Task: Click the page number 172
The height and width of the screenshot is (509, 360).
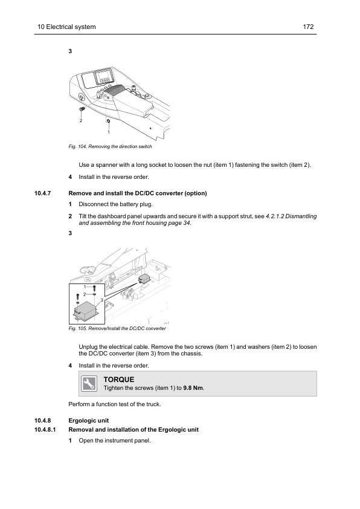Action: (308, 27)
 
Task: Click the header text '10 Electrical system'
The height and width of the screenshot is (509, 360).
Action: (66, 27)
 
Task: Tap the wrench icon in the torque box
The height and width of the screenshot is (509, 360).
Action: (89, 384)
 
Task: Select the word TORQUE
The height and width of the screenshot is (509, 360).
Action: (119, 380)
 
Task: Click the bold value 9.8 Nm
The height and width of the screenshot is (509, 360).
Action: (193, 388)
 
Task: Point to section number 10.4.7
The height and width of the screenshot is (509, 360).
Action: (43, 193)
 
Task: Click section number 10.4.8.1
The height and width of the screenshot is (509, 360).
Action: (45, 430)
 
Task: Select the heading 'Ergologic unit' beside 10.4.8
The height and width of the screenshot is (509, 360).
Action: (89, 421)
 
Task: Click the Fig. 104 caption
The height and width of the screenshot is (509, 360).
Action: (110, 146)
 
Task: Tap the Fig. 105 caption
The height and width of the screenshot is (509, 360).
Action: (117, 328)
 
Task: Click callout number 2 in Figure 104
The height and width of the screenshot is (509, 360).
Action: (81, 120)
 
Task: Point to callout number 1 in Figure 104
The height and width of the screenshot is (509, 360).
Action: (109, 132)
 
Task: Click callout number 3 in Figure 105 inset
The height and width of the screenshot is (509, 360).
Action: (102, 300)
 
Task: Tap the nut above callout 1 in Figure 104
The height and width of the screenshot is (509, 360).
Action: (108, 122)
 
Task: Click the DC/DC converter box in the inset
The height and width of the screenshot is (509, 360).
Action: (86, 310)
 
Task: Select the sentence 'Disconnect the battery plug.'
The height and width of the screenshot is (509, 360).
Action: (115, 204)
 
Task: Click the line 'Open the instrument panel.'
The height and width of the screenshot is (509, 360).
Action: (115, 441)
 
